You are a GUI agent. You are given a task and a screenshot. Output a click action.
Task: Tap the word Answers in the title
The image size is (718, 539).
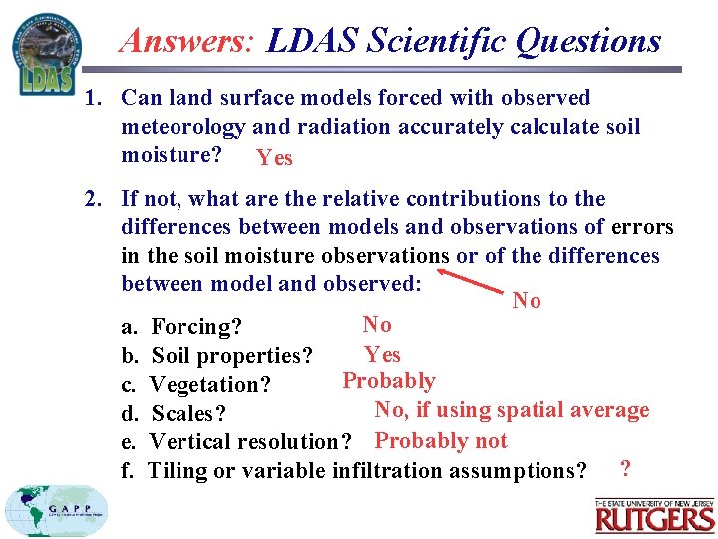click(x=187, y=40)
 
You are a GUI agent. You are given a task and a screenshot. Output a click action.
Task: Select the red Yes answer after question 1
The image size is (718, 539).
click(x=274, y=158)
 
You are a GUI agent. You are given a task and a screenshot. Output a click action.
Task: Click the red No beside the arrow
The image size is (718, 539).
click(x=526, y=301)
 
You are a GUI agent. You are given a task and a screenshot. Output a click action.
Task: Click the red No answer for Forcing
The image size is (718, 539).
click(x=377, y=324)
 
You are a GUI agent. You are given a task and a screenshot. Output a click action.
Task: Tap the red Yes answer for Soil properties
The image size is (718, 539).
click(x=382, y=354)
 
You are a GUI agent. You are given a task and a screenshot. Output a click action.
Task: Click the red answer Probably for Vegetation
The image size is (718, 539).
click(x=389, y=381)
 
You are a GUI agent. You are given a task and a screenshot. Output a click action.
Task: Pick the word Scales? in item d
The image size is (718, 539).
click(x=188, y=413)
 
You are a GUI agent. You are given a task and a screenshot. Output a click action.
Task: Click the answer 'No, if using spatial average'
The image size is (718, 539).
click(x=512, y=410)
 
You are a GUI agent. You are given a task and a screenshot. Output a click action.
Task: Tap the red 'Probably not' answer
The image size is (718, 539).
click(x=441, y=440)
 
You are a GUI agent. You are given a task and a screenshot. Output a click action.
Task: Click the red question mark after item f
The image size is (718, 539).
click(x=624, y=467)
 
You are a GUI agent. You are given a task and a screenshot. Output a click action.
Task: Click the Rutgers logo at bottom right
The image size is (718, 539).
click(x=655, y=515)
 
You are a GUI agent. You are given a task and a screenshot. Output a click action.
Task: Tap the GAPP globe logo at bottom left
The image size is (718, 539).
click(x=55, y=512)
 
